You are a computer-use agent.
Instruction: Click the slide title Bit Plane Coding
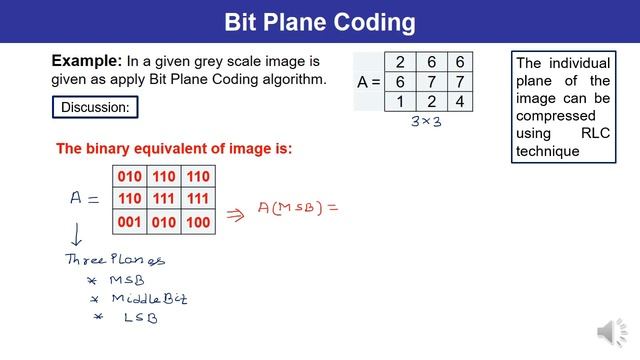pyautogui.click(x=319, y=21)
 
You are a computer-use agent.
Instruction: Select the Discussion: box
pyautogui.click(x=94, y=107)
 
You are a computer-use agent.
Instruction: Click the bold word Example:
pyautogui.click(x=85, y=60)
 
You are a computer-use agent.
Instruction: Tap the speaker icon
pyautogui.click(x=609, y=331)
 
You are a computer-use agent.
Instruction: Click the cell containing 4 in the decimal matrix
pyautogui.click(x=459, y=100)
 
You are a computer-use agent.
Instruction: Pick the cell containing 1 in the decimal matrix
pyautogui.click(x=400, y=100)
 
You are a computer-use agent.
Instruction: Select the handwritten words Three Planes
pyautogui.click(x=114, y=260)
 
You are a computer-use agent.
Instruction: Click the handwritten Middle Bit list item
pyautogui.click(x=148, y=298)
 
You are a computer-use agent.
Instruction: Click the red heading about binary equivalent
pyautogui.click(x=174, y=149)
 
